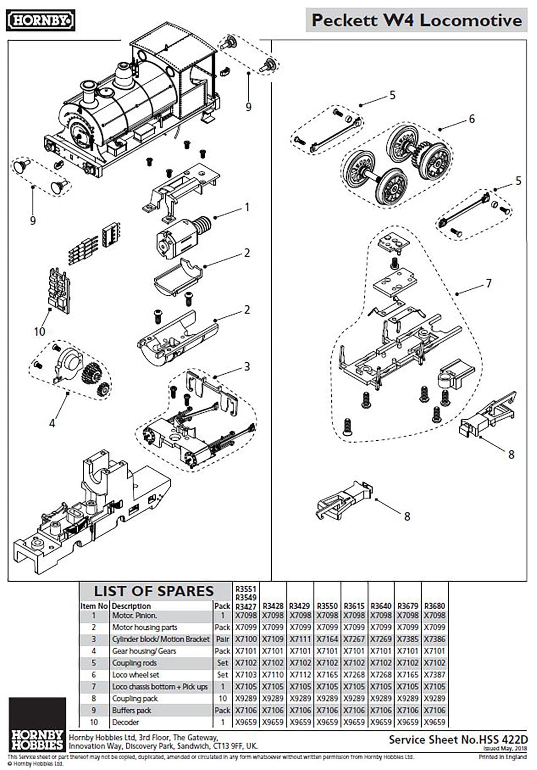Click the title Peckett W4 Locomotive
416,20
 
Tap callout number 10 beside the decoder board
39,331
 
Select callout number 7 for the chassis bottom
488,283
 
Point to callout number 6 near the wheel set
471,119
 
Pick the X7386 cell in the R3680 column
434,639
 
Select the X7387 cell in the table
434,674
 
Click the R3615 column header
354,606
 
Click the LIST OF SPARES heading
154,591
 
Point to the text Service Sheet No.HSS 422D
458,740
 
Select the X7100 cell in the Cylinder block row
246,639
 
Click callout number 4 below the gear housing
52,423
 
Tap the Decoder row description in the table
125,722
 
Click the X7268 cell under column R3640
381,674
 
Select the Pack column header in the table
222,606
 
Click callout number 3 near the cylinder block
246,366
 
